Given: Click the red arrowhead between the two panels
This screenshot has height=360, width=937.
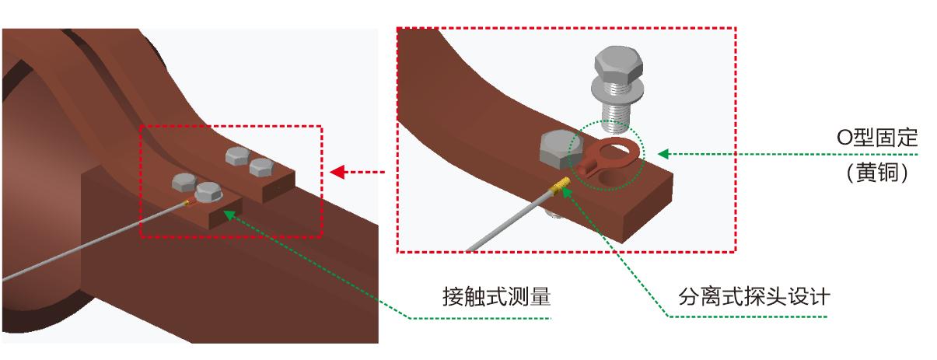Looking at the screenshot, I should [x=337, y=172].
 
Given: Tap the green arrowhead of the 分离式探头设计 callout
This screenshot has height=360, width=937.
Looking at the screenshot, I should [x=566, y=189].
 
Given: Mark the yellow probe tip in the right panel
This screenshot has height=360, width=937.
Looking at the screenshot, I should [x=562, y=185].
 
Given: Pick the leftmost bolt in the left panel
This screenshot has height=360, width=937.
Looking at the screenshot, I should [x=184, y=183].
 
